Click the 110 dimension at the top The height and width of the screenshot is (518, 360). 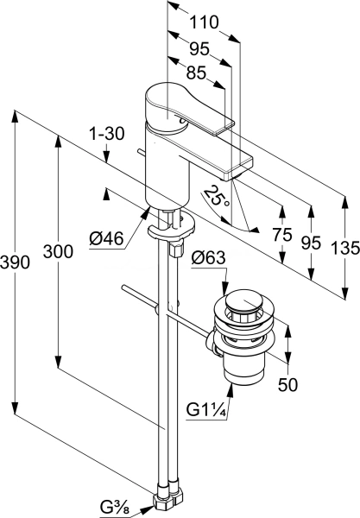204,22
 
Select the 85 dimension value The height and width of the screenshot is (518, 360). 196,73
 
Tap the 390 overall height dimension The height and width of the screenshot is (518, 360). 15,262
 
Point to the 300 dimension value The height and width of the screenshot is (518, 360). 58,252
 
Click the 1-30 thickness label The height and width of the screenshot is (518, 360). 106,134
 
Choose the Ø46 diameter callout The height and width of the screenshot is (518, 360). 106,238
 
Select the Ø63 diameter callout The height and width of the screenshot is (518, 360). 208,257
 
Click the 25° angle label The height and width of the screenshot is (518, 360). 215,197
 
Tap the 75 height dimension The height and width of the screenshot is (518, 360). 282,235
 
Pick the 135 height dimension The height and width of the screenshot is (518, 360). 345,248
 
